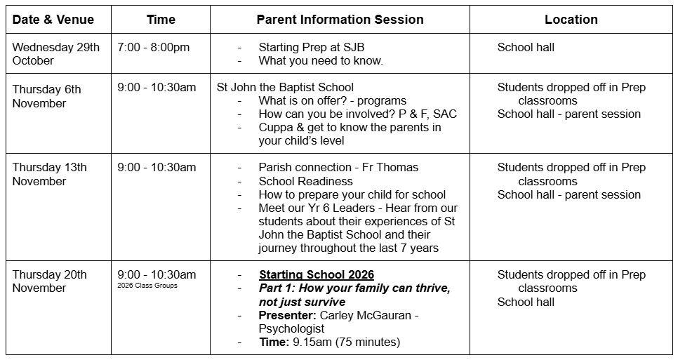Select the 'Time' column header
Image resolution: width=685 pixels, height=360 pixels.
161,20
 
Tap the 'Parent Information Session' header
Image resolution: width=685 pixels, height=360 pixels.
340,20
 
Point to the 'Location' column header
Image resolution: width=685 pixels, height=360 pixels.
571,20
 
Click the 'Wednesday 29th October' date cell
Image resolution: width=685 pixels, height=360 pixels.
56,54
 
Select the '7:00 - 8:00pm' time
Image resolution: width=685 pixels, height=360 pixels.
153,48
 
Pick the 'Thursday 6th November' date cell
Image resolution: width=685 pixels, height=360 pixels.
47,96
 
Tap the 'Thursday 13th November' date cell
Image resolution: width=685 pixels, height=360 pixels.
49,174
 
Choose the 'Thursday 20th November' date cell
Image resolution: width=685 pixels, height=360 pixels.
49,281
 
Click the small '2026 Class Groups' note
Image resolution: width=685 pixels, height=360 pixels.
147,286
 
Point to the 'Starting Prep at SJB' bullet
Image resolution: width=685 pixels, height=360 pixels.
311,48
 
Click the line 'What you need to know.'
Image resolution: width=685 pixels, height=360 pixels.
321,61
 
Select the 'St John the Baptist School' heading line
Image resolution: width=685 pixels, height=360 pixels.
286,88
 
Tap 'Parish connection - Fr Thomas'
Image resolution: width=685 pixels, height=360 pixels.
338,168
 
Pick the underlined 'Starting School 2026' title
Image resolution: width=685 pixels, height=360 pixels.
317,274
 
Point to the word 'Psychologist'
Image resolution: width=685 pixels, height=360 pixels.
291,328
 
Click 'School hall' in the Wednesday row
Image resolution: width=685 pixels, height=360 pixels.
526,48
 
